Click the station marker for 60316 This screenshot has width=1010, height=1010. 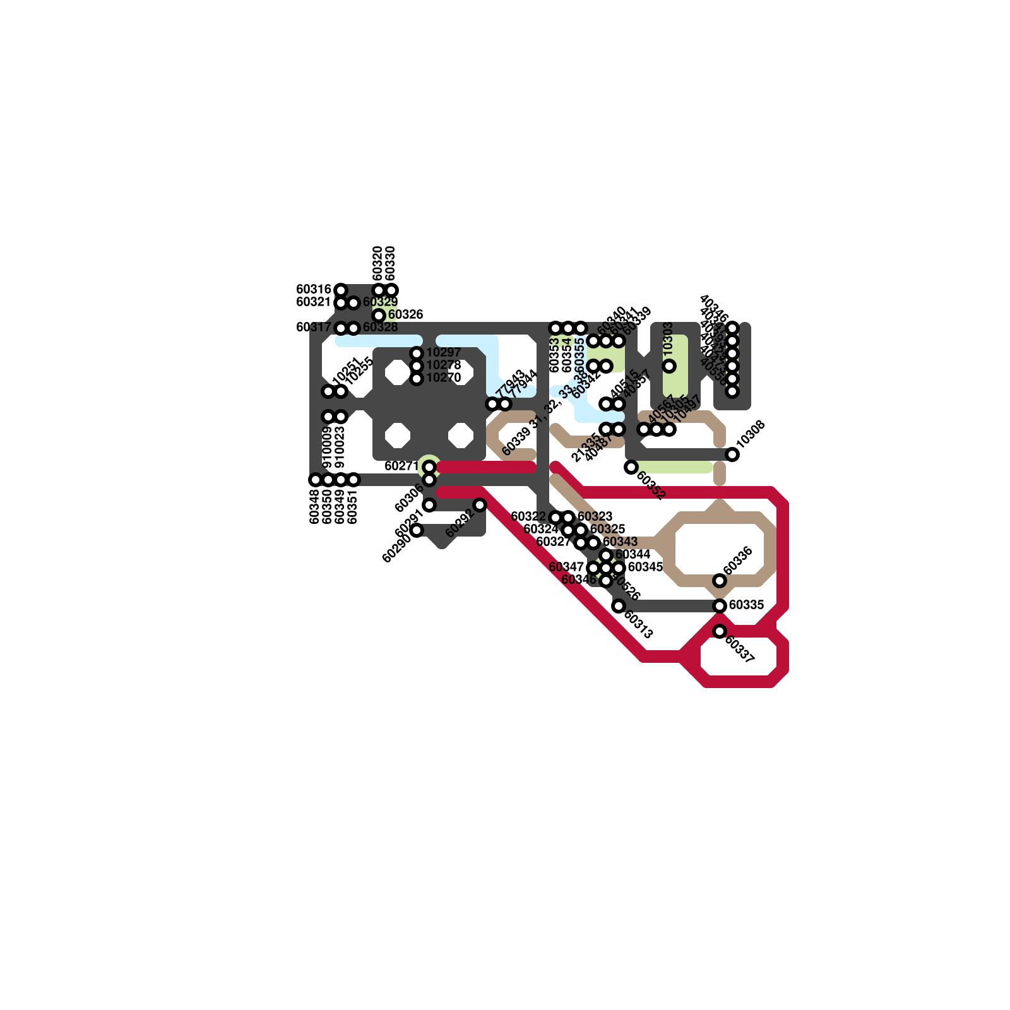coord(341,290)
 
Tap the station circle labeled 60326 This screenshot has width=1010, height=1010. coord(379,315)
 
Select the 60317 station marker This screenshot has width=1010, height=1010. coord(341,328)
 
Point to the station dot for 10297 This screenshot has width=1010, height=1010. coord(417,353)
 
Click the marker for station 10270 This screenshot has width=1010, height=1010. coord(417,379)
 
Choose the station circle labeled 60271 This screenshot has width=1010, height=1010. coord(429,467)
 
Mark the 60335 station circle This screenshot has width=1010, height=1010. coord(720,606)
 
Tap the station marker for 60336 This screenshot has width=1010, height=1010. coord(720,581)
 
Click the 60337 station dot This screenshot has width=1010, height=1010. coord(720,631)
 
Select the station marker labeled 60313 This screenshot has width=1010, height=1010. coord(619,606)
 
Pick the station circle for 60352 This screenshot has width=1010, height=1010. coord(631,467)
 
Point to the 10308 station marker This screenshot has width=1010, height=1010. coord(732,454)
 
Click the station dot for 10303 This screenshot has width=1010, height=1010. coord(669,366)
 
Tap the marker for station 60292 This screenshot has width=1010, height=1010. coord(480,505)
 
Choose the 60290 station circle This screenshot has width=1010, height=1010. coord(417,530)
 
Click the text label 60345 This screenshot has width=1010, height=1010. coord(645,567)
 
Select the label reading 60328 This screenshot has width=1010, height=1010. coord(380,327)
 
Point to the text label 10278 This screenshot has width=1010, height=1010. coord(443,365)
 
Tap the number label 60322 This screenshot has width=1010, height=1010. coord(528,516)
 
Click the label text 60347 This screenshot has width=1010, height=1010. coord(566,567)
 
